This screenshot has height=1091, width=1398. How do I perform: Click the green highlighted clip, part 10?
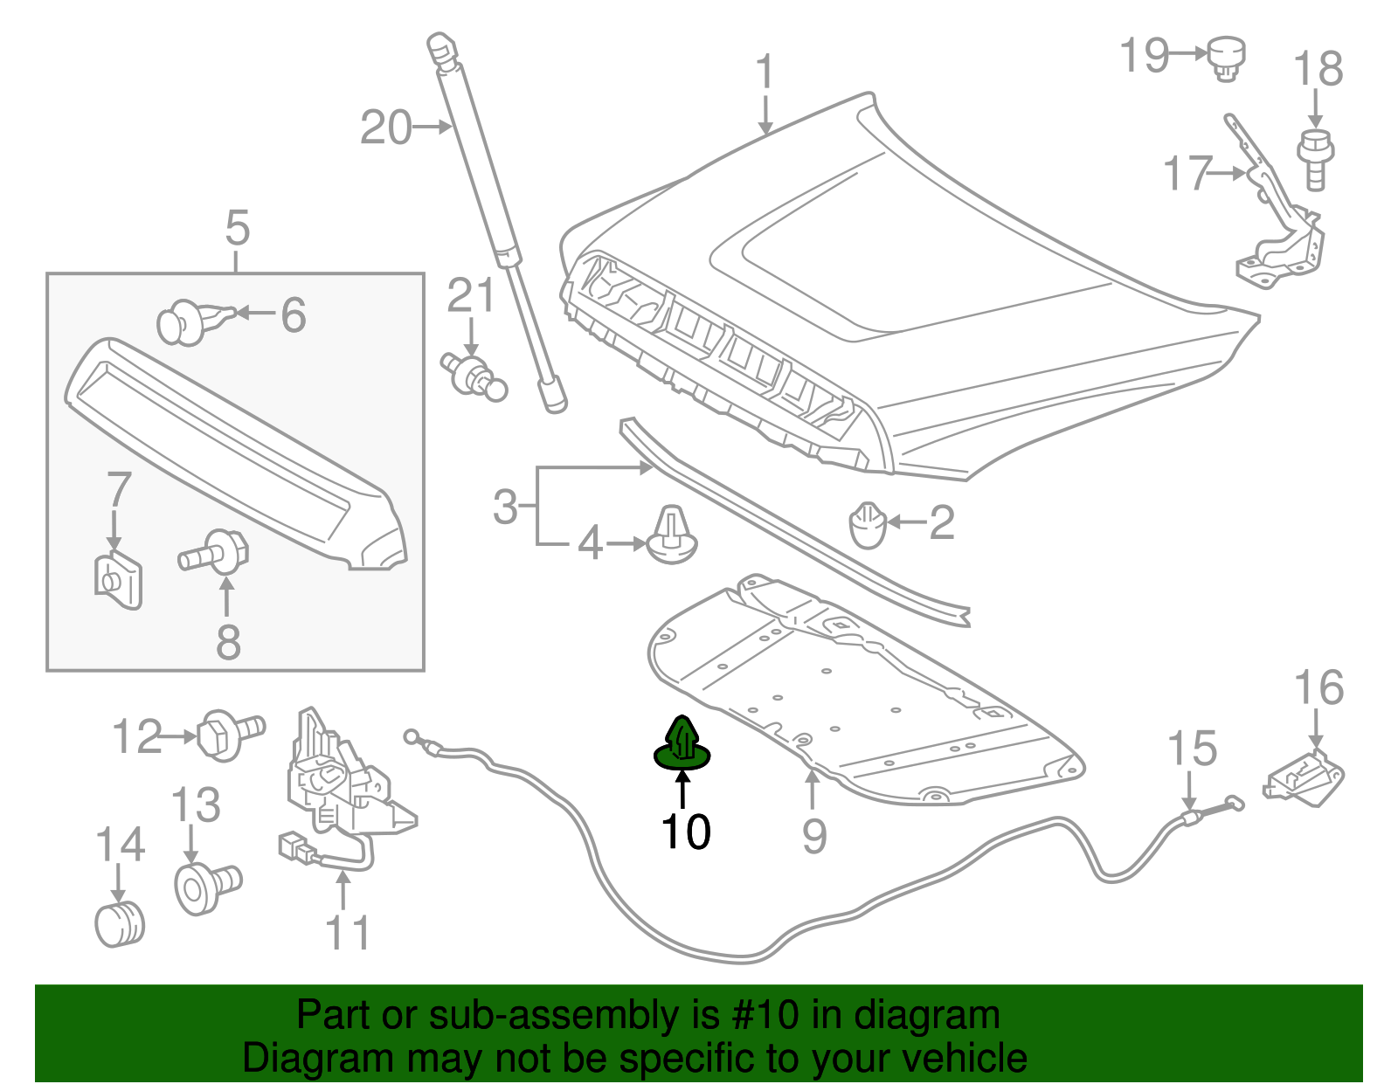pyautogui.click(x=682, y=747)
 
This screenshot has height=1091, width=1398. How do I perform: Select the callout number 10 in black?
pyautogui.click(x=686, y=832)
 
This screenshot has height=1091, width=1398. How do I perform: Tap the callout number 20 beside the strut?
pyautogui.click(x=385, y=128)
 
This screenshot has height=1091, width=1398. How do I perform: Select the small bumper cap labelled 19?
pyautogui.click(x=1227, y=57)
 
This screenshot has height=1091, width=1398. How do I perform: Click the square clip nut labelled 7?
pyautogui.click(x=118, y=580)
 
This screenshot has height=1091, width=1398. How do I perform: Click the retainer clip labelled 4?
pyautogui.click(x=673, y=535)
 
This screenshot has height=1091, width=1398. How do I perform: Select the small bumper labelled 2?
pyautogui.click(x=868, y=525)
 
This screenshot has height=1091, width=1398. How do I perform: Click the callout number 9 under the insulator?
pyautogui.click(x=813, y=836)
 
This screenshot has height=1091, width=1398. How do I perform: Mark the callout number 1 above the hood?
pyautogui.click(x=765, y=72)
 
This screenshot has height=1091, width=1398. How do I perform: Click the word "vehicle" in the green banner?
pyautogui.click(x=964, y=1058)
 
